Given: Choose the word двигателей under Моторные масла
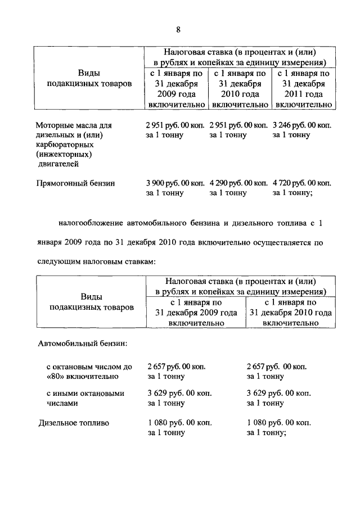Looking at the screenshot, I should point(60,164).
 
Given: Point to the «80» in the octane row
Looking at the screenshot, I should point(55,376).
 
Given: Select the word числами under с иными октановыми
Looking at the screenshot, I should point(62,403).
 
